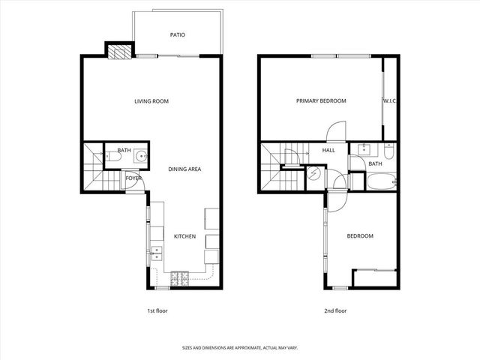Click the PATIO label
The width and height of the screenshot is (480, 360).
[x=177, y=34]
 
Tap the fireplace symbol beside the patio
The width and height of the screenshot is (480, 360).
[x=118, y=51]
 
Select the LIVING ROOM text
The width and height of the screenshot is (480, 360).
[x=151, y=100]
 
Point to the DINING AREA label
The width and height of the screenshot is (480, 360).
[x=184, y=169]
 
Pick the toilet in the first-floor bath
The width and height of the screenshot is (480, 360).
[x=109, y=157]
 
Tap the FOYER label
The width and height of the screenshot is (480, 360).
[x=133, y=178]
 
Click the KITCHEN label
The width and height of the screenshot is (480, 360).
[x=184, y=236]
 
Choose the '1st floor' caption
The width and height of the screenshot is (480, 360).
[x=157, y=310]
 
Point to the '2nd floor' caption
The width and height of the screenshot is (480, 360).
[x=335, y=310]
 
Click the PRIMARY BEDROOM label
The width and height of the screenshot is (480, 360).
[x=321, y=100]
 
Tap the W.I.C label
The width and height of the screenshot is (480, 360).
[x=389, y=100]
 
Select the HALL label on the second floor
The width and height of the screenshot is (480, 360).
[x=328, y=150]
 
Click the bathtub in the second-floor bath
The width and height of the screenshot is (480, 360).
[x=380, y=181]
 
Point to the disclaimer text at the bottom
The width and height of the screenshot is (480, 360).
[x=240, y=348]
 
